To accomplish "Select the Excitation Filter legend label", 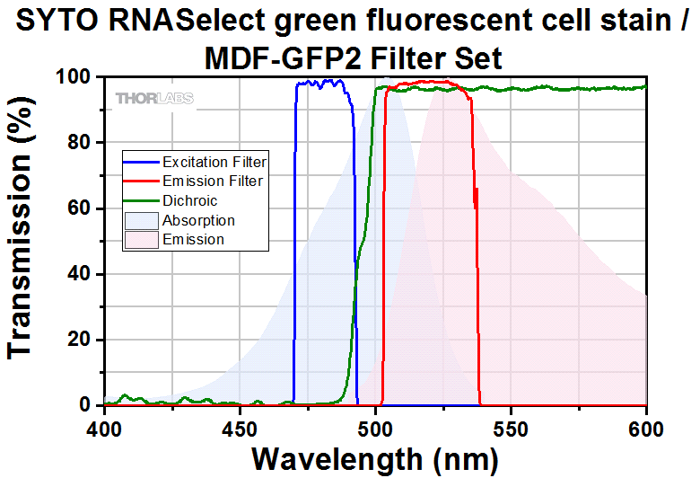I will point(214,163).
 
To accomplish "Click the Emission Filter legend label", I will point(213,181).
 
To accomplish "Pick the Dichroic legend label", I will point(190,201).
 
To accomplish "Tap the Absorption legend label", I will point(198,221).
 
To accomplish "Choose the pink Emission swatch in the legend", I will point(141,240).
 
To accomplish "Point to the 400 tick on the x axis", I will point(105,427).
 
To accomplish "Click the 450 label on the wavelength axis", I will point(240,427).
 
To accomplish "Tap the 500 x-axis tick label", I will point(375,427).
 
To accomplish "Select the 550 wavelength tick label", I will point(511,427).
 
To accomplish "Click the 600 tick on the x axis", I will point(646,427).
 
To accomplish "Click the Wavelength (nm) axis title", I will point(375,458).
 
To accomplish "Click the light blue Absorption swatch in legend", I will point(141,221).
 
